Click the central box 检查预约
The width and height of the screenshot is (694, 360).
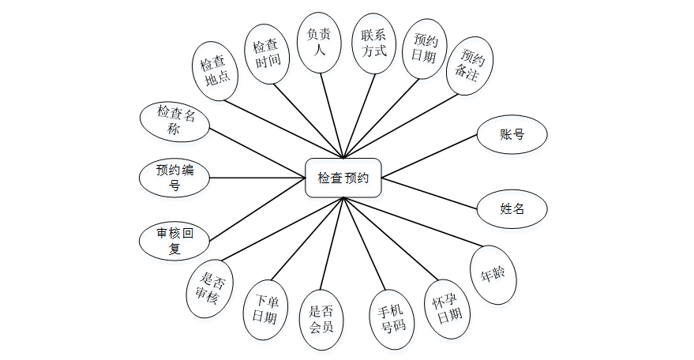coord(343,178)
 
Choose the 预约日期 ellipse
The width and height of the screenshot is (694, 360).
coord(425,49)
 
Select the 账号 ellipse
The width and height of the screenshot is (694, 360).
coord(512,134)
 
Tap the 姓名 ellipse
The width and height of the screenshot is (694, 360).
coord(512,209)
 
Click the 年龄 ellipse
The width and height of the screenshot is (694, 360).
coord(493,276)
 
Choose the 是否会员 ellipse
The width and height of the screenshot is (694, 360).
coord(322,321)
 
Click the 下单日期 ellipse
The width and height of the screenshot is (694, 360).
coord(264,309)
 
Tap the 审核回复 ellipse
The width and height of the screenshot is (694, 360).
coord(174,242)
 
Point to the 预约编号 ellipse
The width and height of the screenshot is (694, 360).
coord(174,178)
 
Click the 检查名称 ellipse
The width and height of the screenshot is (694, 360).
coord(174,121)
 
